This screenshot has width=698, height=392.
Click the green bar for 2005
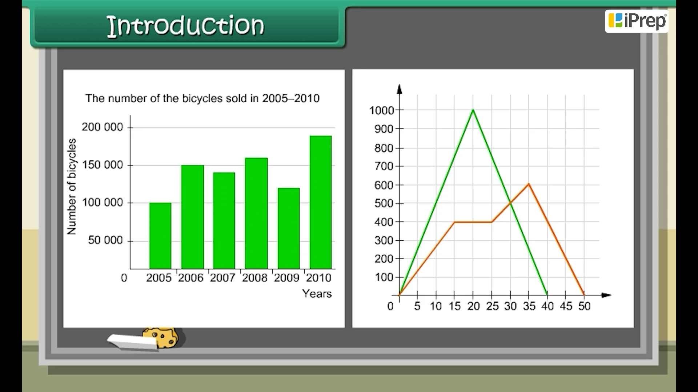click(x=160, y=236)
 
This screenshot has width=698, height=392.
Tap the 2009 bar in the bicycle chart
click(x=289, y=228)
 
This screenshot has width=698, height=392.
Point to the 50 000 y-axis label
click(x=105, y=240)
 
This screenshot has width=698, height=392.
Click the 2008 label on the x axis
click(x=254, y=278)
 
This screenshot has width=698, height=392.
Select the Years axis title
click(x=317, y=294)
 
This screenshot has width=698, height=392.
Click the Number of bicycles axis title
click(x=72, y=187)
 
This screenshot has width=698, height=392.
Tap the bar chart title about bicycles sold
click(x=202, y=98)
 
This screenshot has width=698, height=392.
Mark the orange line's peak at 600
click(x=529, y=184)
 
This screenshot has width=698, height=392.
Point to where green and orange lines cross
click(x=510, y=203)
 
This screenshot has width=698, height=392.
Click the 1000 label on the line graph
click(x=381, y=110)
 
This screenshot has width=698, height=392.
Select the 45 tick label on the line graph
click(x=566, y=306)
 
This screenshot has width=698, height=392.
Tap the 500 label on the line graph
click(x=384, y=204)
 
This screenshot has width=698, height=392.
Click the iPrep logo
click(x=637, y=21)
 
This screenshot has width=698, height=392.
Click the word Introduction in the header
click(x=186, y=25)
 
